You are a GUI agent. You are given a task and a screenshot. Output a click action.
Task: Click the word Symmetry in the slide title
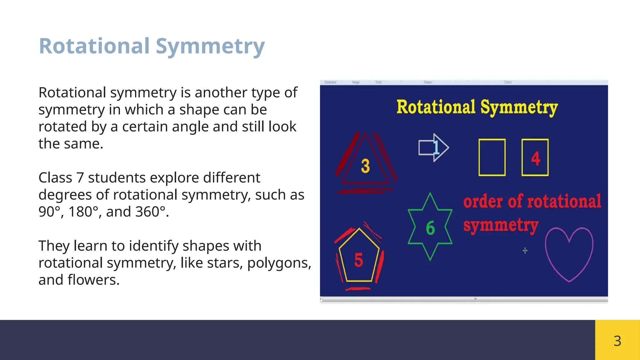coord(210,46)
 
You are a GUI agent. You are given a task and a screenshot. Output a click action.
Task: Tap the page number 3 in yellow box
coord(617,341)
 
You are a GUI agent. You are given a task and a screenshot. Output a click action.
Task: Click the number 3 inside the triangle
coord(365,166)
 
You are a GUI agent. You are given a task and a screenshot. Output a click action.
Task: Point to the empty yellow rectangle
coord(492,157)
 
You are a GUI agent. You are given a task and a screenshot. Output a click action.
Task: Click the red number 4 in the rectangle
coord(536,158)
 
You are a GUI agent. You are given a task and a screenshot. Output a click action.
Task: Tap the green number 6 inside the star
coord(430,228)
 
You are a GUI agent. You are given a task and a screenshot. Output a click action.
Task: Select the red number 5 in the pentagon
coord(358,260)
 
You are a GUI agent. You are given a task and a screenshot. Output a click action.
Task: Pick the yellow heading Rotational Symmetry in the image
coord(477,107)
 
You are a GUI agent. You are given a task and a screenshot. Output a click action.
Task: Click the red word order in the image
coord(483,202)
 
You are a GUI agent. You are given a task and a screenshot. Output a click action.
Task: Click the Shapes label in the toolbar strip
coord(428,82)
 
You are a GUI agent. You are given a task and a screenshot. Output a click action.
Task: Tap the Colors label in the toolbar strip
coord(507,82)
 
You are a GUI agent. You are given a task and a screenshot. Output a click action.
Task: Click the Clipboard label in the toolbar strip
coord(330,82)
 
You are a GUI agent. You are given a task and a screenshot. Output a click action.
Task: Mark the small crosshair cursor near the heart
coord(525,251)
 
